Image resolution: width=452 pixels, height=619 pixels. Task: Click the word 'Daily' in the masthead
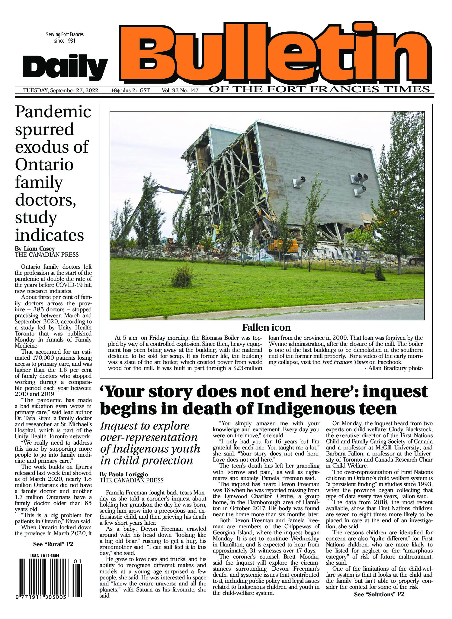coord(65,66)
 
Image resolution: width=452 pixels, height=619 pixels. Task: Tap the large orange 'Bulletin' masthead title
coord(276,51)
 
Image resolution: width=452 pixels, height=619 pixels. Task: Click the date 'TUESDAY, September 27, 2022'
coord(60,90)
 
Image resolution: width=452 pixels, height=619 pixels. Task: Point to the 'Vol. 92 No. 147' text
coord(180,90)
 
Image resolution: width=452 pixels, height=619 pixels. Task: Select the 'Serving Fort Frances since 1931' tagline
coord(65,37)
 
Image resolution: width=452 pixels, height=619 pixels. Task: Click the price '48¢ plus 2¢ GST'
coord(130,90)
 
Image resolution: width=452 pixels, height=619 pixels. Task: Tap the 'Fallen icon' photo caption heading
coord(266,327)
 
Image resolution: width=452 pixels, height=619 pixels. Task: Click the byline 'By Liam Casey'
coord(35,248)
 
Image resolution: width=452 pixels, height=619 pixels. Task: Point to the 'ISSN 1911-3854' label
coord(44,556)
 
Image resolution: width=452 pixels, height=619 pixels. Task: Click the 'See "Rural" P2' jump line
coord(53,544)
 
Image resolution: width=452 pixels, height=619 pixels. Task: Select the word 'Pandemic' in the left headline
coord(53,112)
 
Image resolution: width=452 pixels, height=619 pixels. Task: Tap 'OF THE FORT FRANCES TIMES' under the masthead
coord(319,89)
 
